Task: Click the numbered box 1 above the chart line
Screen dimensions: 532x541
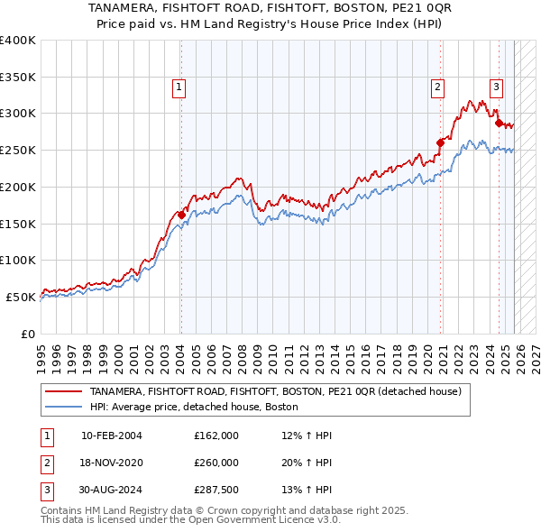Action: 179,87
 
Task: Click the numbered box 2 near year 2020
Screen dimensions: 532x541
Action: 437,87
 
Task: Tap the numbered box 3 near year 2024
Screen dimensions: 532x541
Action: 496,87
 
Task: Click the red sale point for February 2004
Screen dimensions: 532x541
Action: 181,215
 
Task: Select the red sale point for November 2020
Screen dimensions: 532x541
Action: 441,142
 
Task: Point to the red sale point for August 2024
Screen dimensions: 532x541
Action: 499,123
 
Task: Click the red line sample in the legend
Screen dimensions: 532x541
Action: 63,391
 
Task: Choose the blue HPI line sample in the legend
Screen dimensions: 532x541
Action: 63,407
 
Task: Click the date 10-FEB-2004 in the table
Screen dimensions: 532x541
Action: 111,435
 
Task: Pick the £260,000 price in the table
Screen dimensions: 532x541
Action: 215,463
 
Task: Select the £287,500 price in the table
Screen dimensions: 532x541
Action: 215,491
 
